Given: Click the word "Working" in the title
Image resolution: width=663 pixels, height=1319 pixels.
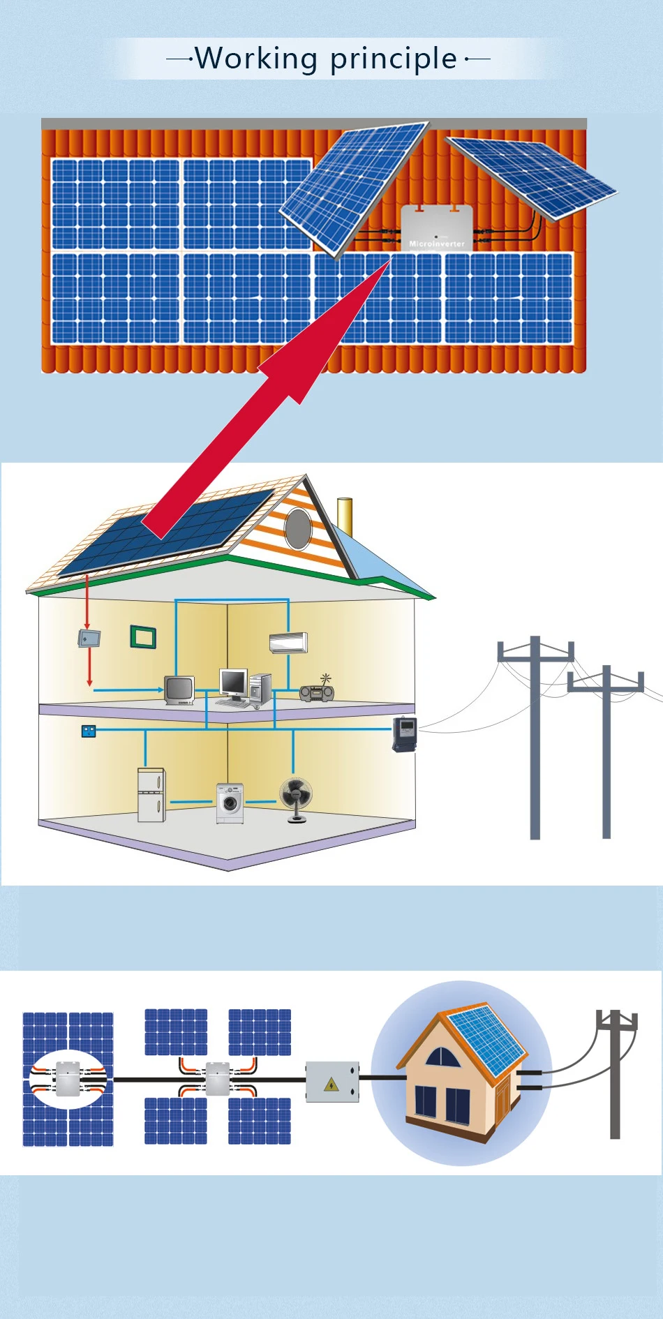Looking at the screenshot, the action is tap(256, 59).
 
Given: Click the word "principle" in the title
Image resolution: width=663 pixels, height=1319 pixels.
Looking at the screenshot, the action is tap(394, 59).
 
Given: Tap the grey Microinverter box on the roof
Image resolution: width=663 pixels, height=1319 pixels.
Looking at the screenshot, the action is tap(437, 228).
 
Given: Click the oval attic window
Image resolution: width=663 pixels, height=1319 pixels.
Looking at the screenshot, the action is tap(298, 528).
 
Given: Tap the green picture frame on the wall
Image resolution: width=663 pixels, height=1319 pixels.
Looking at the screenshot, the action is tap(143, 637).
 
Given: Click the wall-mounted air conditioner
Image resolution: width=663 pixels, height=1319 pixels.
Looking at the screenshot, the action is tap(288, 643).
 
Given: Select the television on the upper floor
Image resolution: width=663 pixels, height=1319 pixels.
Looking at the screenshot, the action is tap(179, 690).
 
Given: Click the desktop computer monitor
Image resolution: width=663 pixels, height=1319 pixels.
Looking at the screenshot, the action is tap(233, 683).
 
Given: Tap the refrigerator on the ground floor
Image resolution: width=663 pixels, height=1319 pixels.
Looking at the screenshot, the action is tap(151, 795).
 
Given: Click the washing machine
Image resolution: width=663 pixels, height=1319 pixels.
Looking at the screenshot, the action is tap(230, 803).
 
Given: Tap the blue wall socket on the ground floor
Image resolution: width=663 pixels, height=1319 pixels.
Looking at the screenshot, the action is tap(89, 731).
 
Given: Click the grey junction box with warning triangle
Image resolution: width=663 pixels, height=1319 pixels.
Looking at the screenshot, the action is tap(332, 1082).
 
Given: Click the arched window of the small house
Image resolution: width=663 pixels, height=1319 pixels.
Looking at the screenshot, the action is tap(442, 1057).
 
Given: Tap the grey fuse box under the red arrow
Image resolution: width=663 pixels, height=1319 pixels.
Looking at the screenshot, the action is tap(89, 638).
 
